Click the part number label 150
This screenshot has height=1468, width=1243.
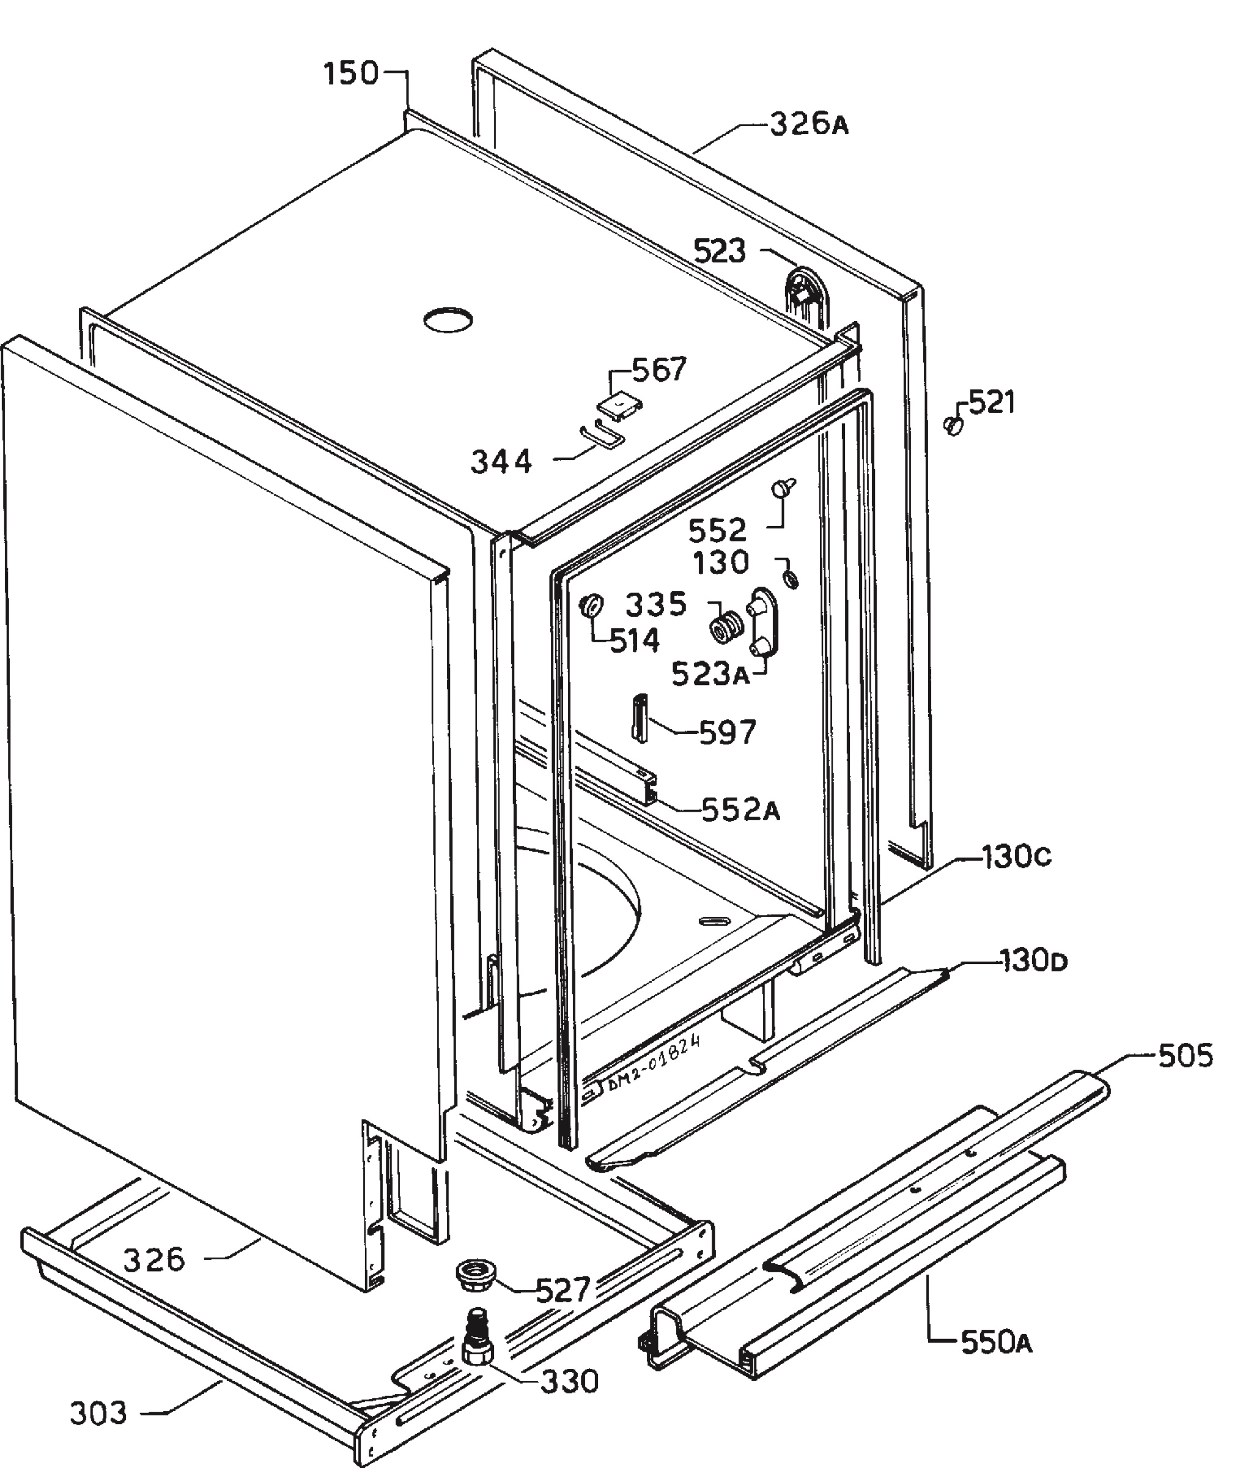click(x=352, y=73)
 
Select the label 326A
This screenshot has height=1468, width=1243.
click(x=809, y=125)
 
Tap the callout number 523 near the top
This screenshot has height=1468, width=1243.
click(x=720, y=251)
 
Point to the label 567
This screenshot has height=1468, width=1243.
click(x=659, y=370)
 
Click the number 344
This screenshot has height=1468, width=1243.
click(x=502, y=462)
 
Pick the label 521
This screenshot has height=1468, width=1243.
click(x=992, y=402)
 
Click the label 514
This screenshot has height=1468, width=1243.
click(x=635, y=640)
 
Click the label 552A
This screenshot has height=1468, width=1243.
click(x=740, y=810)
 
